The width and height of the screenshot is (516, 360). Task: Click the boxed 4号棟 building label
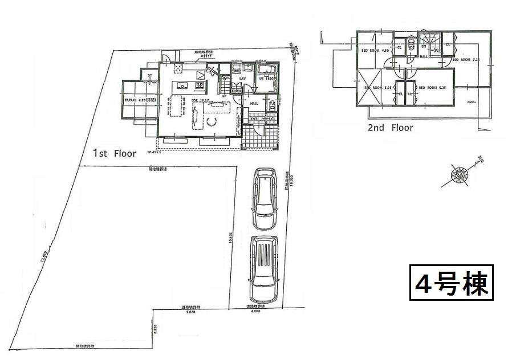[450, 283]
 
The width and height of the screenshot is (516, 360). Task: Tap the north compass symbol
[459, 174]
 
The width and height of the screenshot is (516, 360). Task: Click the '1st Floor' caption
[115, 153]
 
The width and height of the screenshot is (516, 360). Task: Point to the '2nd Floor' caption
[390, 128]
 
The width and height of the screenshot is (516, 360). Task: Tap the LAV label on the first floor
[242, 79]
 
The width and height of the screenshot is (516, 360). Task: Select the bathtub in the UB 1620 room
[266, 71]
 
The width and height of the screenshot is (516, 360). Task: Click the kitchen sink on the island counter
[182, 86]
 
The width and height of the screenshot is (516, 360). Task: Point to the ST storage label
[150, 76]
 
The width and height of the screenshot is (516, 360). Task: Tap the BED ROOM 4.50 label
[377, 51]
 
